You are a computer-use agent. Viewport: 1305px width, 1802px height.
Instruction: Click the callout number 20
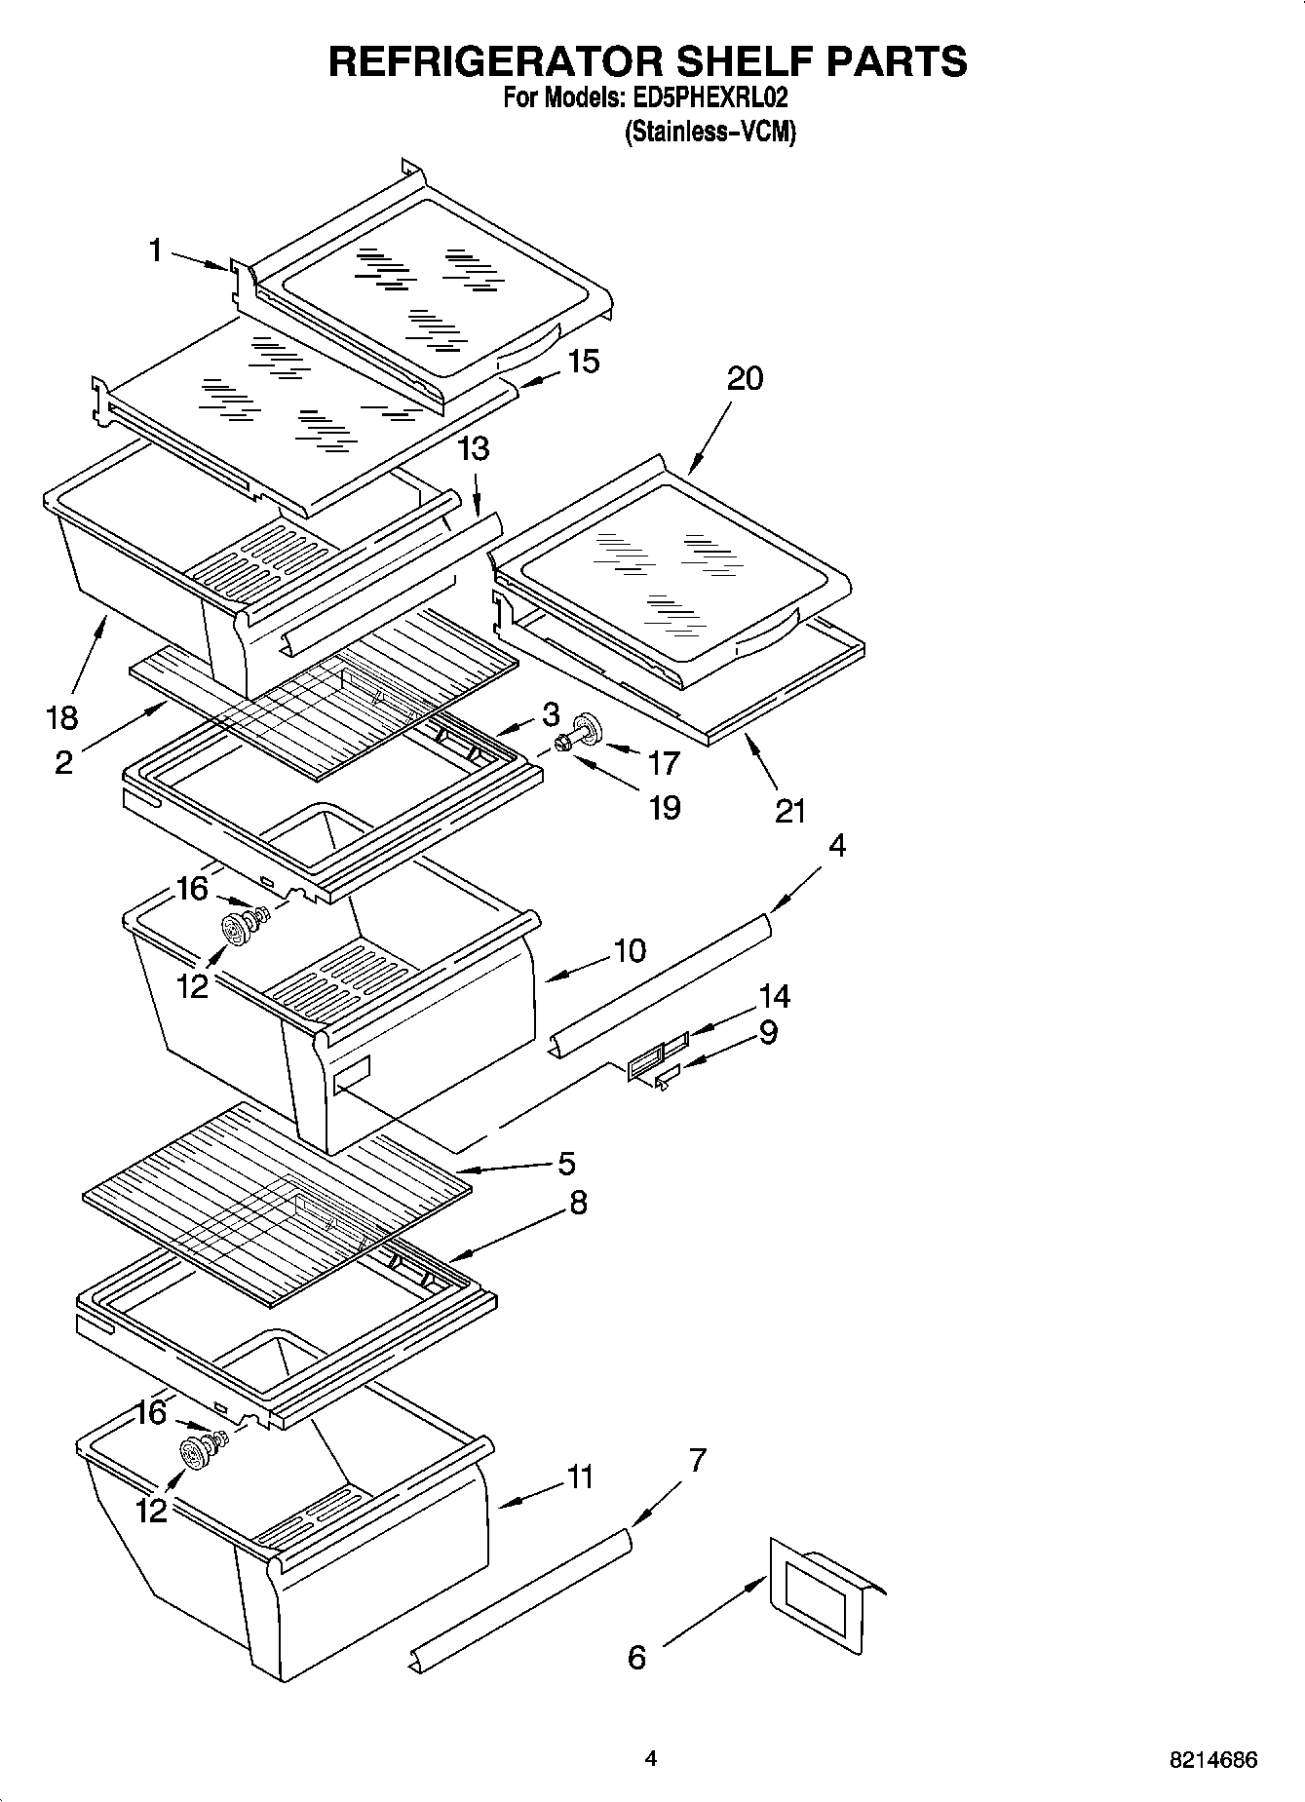(x=745, y=378)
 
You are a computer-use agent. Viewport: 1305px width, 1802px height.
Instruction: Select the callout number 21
(x=789, y=810)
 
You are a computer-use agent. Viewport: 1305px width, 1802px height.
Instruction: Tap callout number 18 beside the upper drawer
(x=61, y=718)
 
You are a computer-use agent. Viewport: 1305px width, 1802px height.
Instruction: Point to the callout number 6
(x=636, y=1657)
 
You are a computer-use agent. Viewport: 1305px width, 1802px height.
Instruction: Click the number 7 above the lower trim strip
(x=697, y=1460)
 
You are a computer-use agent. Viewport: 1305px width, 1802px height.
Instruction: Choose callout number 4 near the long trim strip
(x=836, y=845)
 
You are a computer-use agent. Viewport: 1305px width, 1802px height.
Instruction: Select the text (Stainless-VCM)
(x=710, y=132)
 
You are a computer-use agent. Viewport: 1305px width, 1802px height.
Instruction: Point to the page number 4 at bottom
(x=650, y=1758)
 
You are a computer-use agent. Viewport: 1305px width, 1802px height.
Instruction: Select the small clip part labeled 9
(x=667, y=1077)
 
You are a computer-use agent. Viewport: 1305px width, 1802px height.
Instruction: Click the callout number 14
(x=774, y=996)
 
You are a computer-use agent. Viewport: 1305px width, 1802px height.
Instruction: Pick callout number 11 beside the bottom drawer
(x=580, y=1477)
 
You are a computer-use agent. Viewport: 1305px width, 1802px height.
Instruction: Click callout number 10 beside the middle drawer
(x=630, y=950)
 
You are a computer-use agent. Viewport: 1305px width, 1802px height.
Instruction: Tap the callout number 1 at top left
(x=155, y=250)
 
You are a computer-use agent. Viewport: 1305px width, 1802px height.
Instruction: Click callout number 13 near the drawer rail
(x=474, y=449)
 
